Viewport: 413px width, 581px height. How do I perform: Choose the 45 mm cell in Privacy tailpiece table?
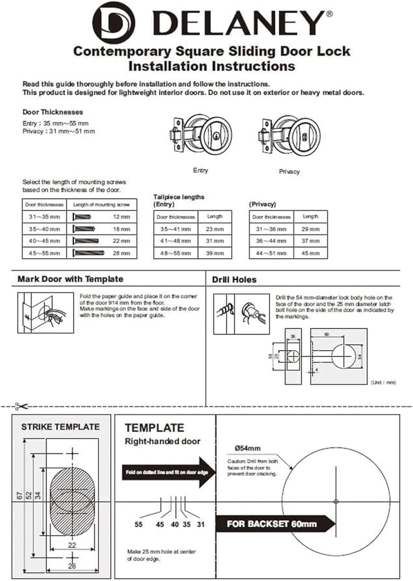[x=310, y=253]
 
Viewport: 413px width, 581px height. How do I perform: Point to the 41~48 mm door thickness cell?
[x=175, y=241]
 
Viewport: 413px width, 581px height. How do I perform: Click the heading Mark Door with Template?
[x=70, y=279]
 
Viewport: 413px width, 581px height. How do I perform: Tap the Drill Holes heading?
[x=234, y=280]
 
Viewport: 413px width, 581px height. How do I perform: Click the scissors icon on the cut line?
[x=22, y=406]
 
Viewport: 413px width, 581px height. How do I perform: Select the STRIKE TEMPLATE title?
[x=60, y=427]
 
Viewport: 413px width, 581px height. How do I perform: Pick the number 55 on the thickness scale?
[x=138, y=525]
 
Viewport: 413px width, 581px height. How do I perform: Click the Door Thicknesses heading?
[x=53, y=112]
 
